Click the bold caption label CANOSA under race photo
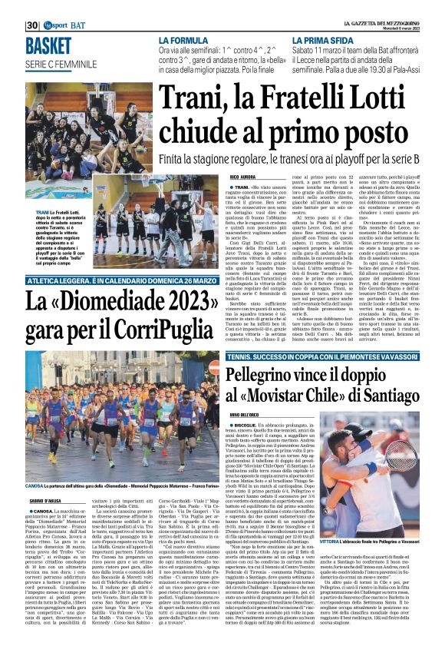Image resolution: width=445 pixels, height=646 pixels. (35, 486)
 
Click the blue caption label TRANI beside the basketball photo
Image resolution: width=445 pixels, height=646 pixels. (35, 212)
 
